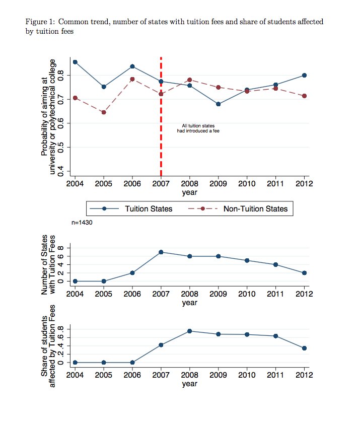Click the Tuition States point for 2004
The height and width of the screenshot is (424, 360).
75,62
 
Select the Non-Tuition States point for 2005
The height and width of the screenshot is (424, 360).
104,112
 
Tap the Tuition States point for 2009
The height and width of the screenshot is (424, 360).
218,104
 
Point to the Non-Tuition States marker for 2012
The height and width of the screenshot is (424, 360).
304,96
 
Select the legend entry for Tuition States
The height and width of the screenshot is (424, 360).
131,208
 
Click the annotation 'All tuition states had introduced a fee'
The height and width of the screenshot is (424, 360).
198,128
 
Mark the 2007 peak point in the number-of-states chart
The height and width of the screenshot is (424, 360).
161,252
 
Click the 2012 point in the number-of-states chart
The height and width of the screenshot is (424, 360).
304,273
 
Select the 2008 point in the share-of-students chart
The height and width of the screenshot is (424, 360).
190,331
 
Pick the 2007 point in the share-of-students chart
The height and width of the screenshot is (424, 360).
161,345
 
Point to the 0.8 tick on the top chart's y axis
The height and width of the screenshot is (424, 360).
60,75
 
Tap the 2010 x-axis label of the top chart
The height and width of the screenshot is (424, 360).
247,184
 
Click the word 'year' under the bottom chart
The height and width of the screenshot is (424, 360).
190,384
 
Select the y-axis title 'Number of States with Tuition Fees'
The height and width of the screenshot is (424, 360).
48,264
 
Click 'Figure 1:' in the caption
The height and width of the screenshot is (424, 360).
40,22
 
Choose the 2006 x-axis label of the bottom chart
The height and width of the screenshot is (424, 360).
132,375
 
